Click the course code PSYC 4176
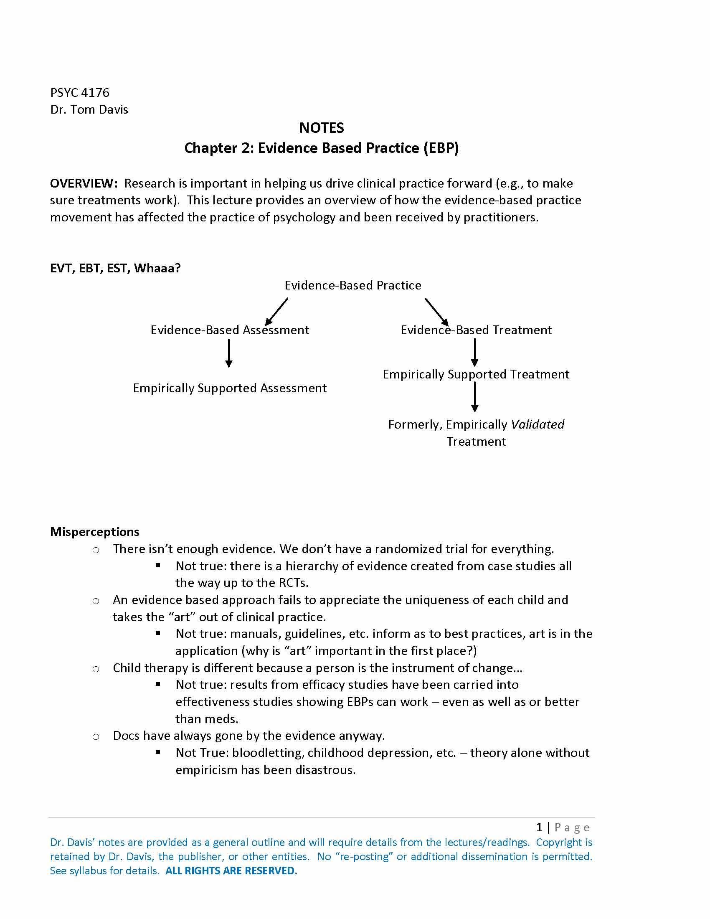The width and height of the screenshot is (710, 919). click(79, 93)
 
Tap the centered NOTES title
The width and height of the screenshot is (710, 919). click(321, 128)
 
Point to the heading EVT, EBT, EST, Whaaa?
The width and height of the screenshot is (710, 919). click(115, 268)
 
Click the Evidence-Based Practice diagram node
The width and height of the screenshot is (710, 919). click(352, 285)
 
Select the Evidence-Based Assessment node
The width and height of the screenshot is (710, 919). click(230, 330)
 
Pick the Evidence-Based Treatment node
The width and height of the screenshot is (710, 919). click(476, 330)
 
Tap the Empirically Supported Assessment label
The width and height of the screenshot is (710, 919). click(230, 388)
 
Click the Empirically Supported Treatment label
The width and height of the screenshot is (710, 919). click(476, 375)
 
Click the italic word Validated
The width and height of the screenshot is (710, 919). click(537, 424)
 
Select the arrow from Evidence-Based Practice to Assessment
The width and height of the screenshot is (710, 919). click(276, 311)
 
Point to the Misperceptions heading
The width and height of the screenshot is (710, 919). click(95, 532)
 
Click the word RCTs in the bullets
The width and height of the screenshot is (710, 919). click(293, 583)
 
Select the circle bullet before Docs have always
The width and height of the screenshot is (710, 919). click(96, 737)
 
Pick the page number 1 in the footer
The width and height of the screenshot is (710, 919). click(539, 828)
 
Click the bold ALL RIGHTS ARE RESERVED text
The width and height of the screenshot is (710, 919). click(231, 871)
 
